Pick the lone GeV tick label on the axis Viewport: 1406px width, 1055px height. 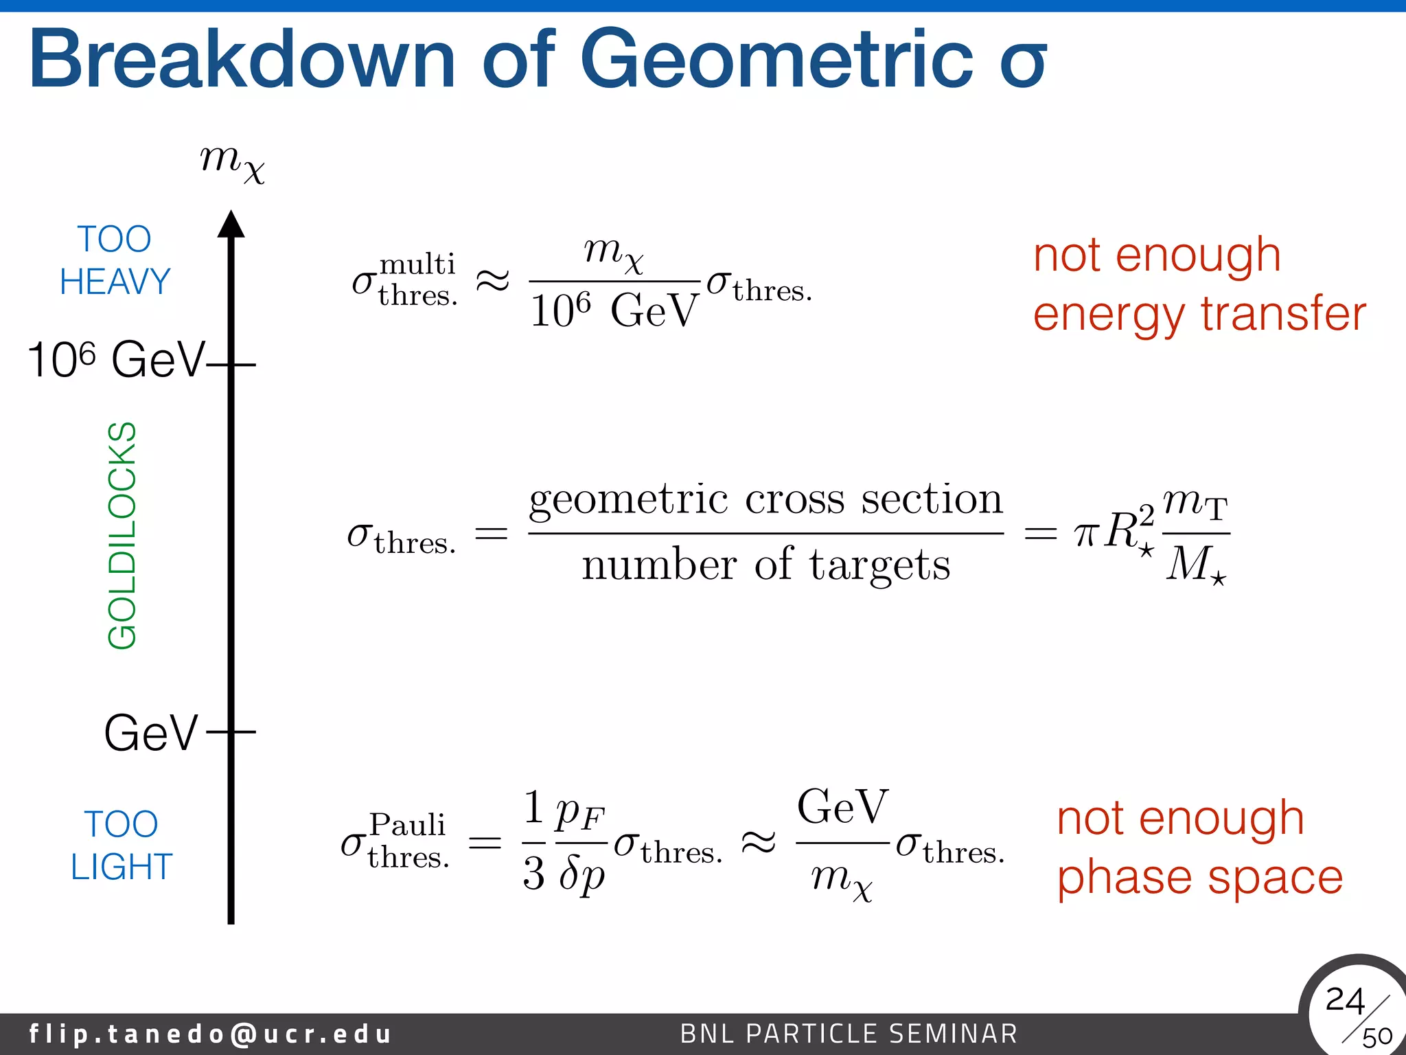(x=151, y=733)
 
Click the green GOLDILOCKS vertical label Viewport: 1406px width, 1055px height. (x=123, y=536)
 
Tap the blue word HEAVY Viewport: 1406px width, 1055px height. (x=115, y=282)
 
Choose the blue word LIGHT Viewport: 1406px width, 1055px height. (x=122, y=867)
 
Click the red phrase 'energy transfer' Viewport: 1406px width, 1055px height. (x=1199, y=314)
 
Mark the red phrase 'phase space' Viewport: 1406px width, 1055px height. (x=1199, y=877)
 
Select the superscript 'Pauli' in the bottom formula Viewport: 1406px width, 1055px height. (x=408, y=825)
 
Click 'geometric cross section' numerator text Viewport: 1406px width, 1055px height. (x=765, y=499)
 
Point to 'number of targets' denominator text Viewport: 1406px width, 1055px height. (x=765, y=565)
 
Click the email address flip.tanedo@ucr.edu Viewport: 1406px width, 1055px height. (x=210, y=1034)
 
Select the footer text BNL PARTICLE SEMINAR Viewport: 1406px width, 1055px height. (x=849, y=1034)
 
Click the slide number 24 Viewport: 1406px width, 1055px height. (x=1344, y=1000)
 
